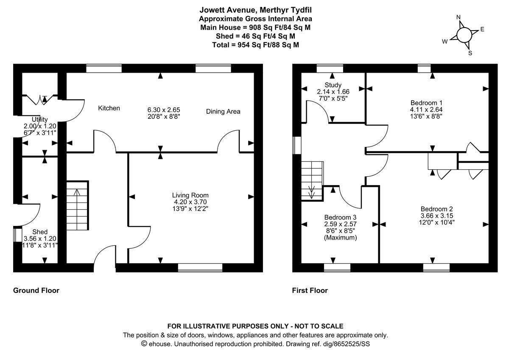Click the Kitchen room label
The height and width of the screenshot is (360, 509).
point(109,108)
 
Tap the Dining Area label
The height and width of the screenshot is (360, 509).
point(223,112)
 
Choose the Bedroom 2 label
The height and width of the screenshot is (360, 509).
point(436,209)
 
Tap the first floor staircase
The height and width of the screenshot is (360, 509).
point(313,180)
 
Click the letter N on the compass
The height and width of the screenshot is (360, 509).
point(458,17)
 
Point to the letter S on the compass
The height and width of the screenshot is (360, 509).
point(470,53)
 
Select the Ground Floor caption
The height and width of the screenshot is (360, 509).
point(36,290)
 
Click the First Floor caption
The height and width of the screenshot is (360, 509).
point(310,290)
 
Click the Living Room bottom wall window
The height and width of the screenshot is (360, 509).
point(200,267)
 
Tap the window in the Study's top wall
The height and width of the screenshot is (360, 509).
point(330,67)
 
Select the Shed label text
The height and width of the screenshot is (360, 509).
point(40,232)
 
